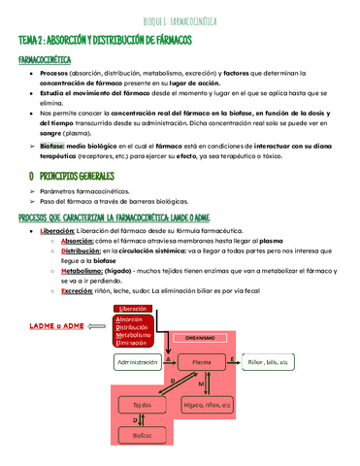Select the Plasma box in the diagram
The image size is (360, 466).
pyautogui.click(x=202, y=361)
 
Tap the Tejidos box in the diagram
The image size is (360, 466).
pyautogui.click(x=142, y=404)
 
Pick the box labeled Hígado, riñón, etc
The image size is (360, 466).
pyautogui.click(x=207, y=404)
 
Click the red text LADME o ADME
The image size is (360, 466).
pyautogui.click(x=56, y=326)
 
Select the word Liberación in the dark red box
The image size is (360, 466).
pyautogui.click(x=132, y=309)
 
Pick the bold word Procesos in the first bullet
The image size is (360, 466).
pyautogui.click(x=53, y=73)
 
